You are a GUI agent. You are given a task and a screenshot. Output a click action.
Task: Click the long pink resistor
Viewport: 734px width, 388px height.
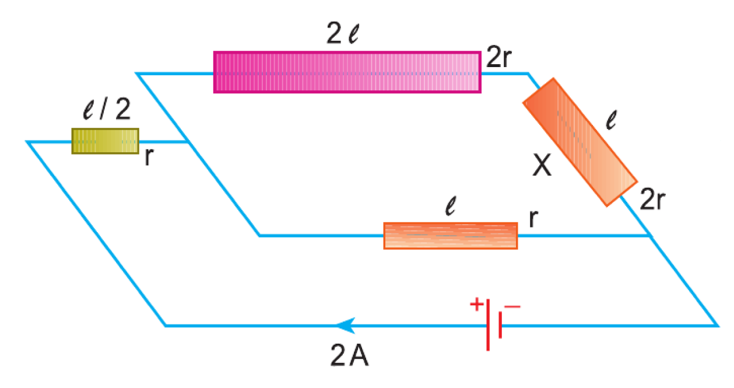(x=347, y=72)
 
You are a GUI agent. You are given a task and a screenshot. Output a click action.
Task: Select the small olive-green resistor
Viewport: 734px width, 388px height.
(x=105, y=141)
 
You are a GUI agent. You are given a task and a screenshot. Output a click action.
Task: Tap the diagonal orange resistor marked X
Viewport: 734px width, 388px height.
(x=580, y=142)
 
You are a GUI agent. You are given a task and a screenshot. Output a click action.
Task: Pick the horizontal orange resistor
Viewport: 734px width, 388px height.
(x=451, y=236)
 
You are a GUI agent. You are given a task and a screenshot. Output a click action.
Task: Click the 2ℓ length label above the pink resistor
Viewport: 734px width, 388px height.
(x=343, y=33)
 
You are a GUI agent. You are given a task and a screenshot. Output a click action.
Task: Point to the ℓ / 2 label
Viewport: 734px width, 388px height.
(x=107, y=109)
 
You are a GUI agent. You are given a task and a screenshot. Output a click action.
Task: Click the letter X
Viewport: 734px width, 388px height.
(x=542, y=165)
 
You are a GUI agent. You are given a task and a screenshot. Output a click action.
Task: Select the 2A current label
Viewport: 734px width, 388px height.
(x=349, y=355)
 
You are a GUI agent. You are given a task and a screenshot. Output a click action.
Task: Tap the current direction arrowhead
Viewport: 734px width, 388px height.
(x=346, y=326)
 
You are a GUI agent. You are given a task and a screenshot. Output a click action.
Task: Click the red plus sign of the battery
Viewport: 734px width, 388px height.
(x=476, y=304)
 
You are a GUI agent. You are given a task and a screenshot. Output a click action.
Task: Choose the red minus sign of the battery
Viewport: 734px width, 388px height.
(x=512, y=307)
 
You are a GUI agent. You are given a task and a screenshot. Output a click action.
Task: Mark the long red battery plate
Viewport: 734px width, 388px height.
(x=488, y=325)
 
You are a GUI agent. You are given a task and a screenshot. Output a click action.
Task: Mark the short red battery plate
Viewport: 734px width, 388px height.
(x=500, y=325)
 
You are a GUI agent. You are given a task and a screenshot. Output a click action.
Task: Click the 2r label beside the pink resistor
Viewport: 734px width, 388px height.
(x=498, y=57)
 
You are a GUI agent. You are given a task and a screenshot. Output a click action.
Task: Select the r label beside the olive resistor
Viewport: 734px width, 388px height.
(x=149, y=157)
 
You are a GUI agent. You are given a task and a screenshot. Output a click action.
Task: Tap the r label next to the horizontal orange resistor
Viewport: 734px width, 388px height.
(x=533, y=218)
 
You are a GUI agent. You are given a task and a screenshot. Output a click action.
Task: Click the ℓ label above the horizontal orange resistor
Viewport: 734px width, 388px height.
(x=451, y=206)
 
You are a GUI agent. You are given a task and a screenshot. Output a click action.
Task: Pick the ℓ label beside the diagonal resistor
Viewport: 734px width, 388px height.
(x=611, y=120)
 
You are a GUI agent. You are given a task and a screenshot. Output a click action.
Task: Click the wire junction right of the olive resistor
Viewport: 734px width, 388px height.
(x=187, y=142)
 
